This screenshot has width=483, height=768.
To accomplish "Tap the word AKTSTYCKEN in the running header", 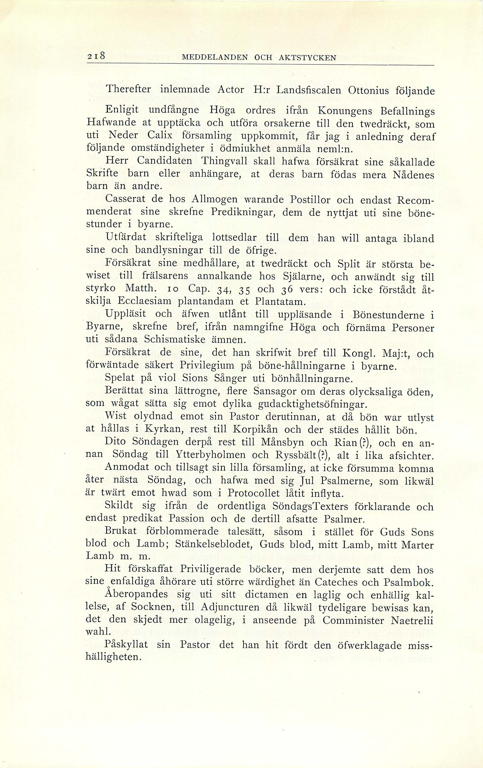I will coord(308,58).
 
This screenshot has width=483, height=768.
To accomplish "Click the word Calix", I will coord(160,135).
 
